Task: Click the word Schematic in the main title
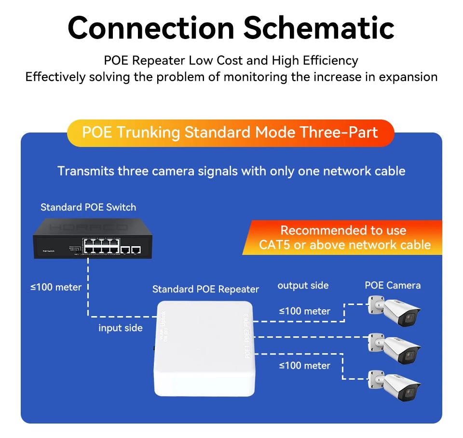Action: tap(319, 27)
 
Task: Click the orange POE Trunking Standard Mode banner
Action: tap(230, 133)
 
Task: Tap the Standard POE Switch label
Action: tap(88, 207)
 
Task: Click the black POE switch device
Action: tap(92, 238)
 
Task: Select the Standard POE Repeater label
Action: tap(205, 289)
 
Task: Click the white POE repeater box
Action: tap(203, 347)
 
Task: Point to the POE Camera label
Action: tap(393, 285)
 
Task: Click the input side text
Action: tap(121, 328)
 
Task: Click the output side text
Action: tap(303, 285)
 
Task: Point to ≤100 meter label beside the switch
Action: tap(56, 287)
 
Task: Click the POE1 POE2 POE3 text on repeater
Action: tap(246, 336)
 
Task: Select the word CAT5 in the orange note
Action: tap(274, 245)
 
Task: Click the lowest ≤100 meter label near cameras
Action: tap(304, 366)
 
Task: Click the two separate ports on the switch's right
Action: tap(130, 250)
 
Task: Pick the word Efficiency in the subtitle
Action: tap(330, 61)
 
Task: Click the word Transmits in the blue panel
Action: tap(85, 171)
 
